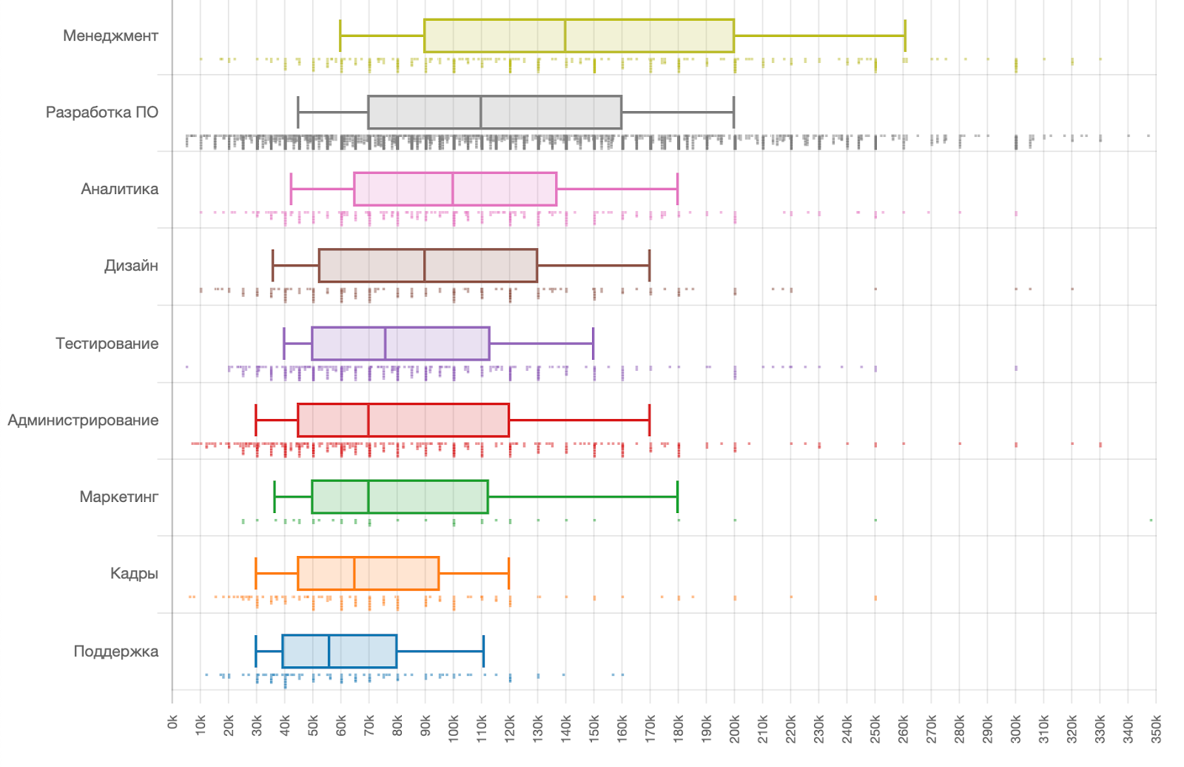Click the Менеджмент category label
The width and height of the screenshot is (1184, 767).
[x=110, y=36]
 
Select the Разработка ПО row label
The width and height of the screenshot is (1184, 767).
[x=102, y=113]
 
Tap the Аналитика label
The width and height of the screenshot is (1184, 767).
[x=119, y=189]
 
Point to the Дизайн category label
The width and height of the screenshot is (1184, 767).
[x=131, y=266]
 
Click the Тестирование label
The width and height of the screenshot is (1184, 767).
[x=107, y=344]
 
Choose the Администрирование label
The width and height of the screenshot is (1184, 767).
[x=83, y=421]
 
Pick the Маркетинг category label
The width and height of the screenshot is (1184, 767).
[x=118, y=497]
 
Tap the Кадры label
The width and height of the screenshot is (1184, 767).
[x=134, y=574]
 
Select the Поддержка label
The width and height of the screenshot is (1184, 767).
[x=115, y=652]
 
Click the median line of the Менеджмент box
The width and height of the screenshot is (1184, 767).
[x=565, y=36]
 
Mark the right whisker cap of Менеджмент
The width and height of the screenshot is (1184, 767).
[x=904, y=36]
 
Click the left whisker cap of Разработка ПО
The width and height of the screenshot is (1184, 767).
[x=298, y=113]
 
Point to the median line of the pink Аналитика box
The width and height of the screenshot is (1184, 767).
[x=453, y=189]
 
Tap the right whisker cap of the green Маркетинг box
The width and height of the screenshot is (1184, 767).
[x=677, y=497]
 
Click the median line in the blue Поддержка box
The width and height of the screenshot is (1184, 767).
[x=329, y=652]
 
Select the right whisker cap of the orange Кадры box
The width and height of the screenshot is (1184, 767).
[x=509, y=574]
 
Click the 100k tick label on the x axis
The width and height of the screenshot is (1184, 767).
[x=454, y=729]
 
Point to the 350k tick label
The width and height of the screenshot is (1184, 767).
[x=1156, y=729]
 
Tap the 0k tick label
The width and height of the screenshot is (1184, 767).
[x=172, y=722]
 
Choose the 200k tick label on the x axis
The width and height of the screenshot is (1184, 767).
[x=735, y=729]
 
